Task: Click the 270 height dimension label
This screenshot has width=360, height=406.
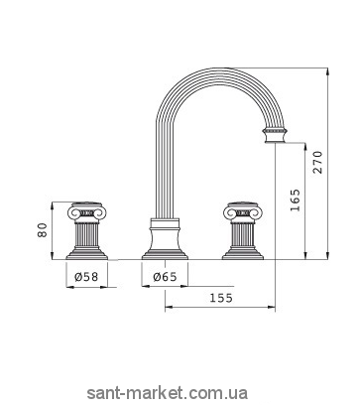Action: (x=318, y=162)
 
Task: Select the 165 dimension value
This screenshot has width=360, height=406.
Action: (x=295, y=201)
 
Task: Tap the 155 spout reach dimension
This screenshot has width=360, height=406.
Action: (x=221, y=298)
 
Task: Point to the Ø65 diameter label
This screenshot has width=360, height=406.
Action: (x=165, y=277)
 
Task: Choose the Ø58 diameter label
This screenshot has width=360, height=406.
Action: (x=86, y=277)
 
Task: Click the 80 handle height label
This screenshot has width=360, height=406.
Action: (x=43, y=230)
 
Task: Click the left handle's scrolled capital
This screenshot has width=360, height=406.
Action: (x=86, y=211)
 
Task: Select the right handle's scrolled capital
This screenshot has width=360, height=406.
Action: (x=243, y=211)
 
